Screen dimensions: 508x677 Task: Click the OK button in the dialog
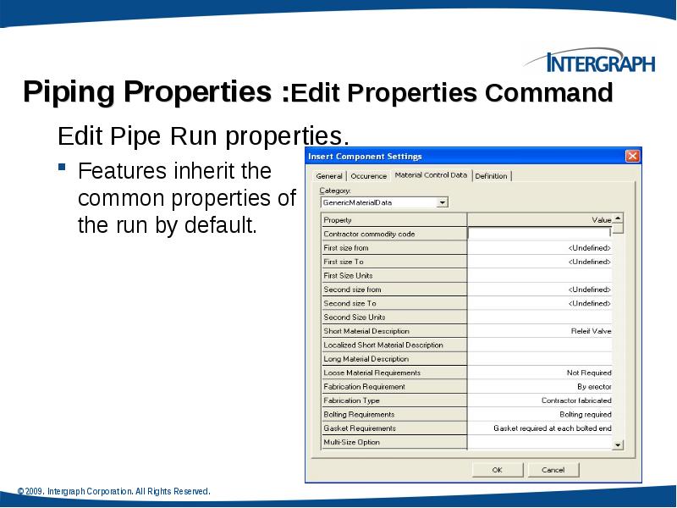[x=497, y=469]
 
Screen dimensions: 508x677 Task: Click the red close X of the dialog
[x=631, y=156]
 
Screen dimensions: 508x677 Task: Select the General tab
[x=328, y=176]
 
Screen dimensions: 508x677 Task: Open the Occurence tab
[x=368, y=176]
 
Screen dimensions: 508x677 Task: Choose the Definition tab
[x=491, y=176]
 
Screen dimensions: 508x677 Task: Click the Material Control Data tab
[x=430, y=175]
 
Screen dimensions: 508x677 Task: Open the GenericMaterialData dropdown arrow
[x=442, y=202]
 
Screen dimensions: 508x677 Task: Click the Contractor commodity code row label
[x=369, y=234]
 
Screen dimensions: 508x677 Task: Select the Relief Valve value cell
[x=591, y=331]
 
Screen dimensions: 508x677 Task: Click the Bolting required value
[x=585, y=414]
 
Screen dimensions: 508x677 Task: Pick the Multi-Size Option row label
[x=351, y=442]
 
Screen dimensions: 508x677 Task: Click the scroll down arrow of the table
[x=618, y=444]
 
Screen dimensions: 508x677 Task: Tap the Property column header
[x=338, y=219]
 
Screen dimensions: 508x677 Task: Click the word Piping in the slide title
[x=69, y=91]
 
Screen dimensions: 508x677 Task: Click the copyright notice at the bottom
[x=113, y=491]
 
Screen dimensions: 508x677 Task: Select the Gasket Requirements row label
[x=360, y=428]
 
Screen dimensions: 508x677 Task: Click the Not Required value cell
[x=588, y=373]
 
